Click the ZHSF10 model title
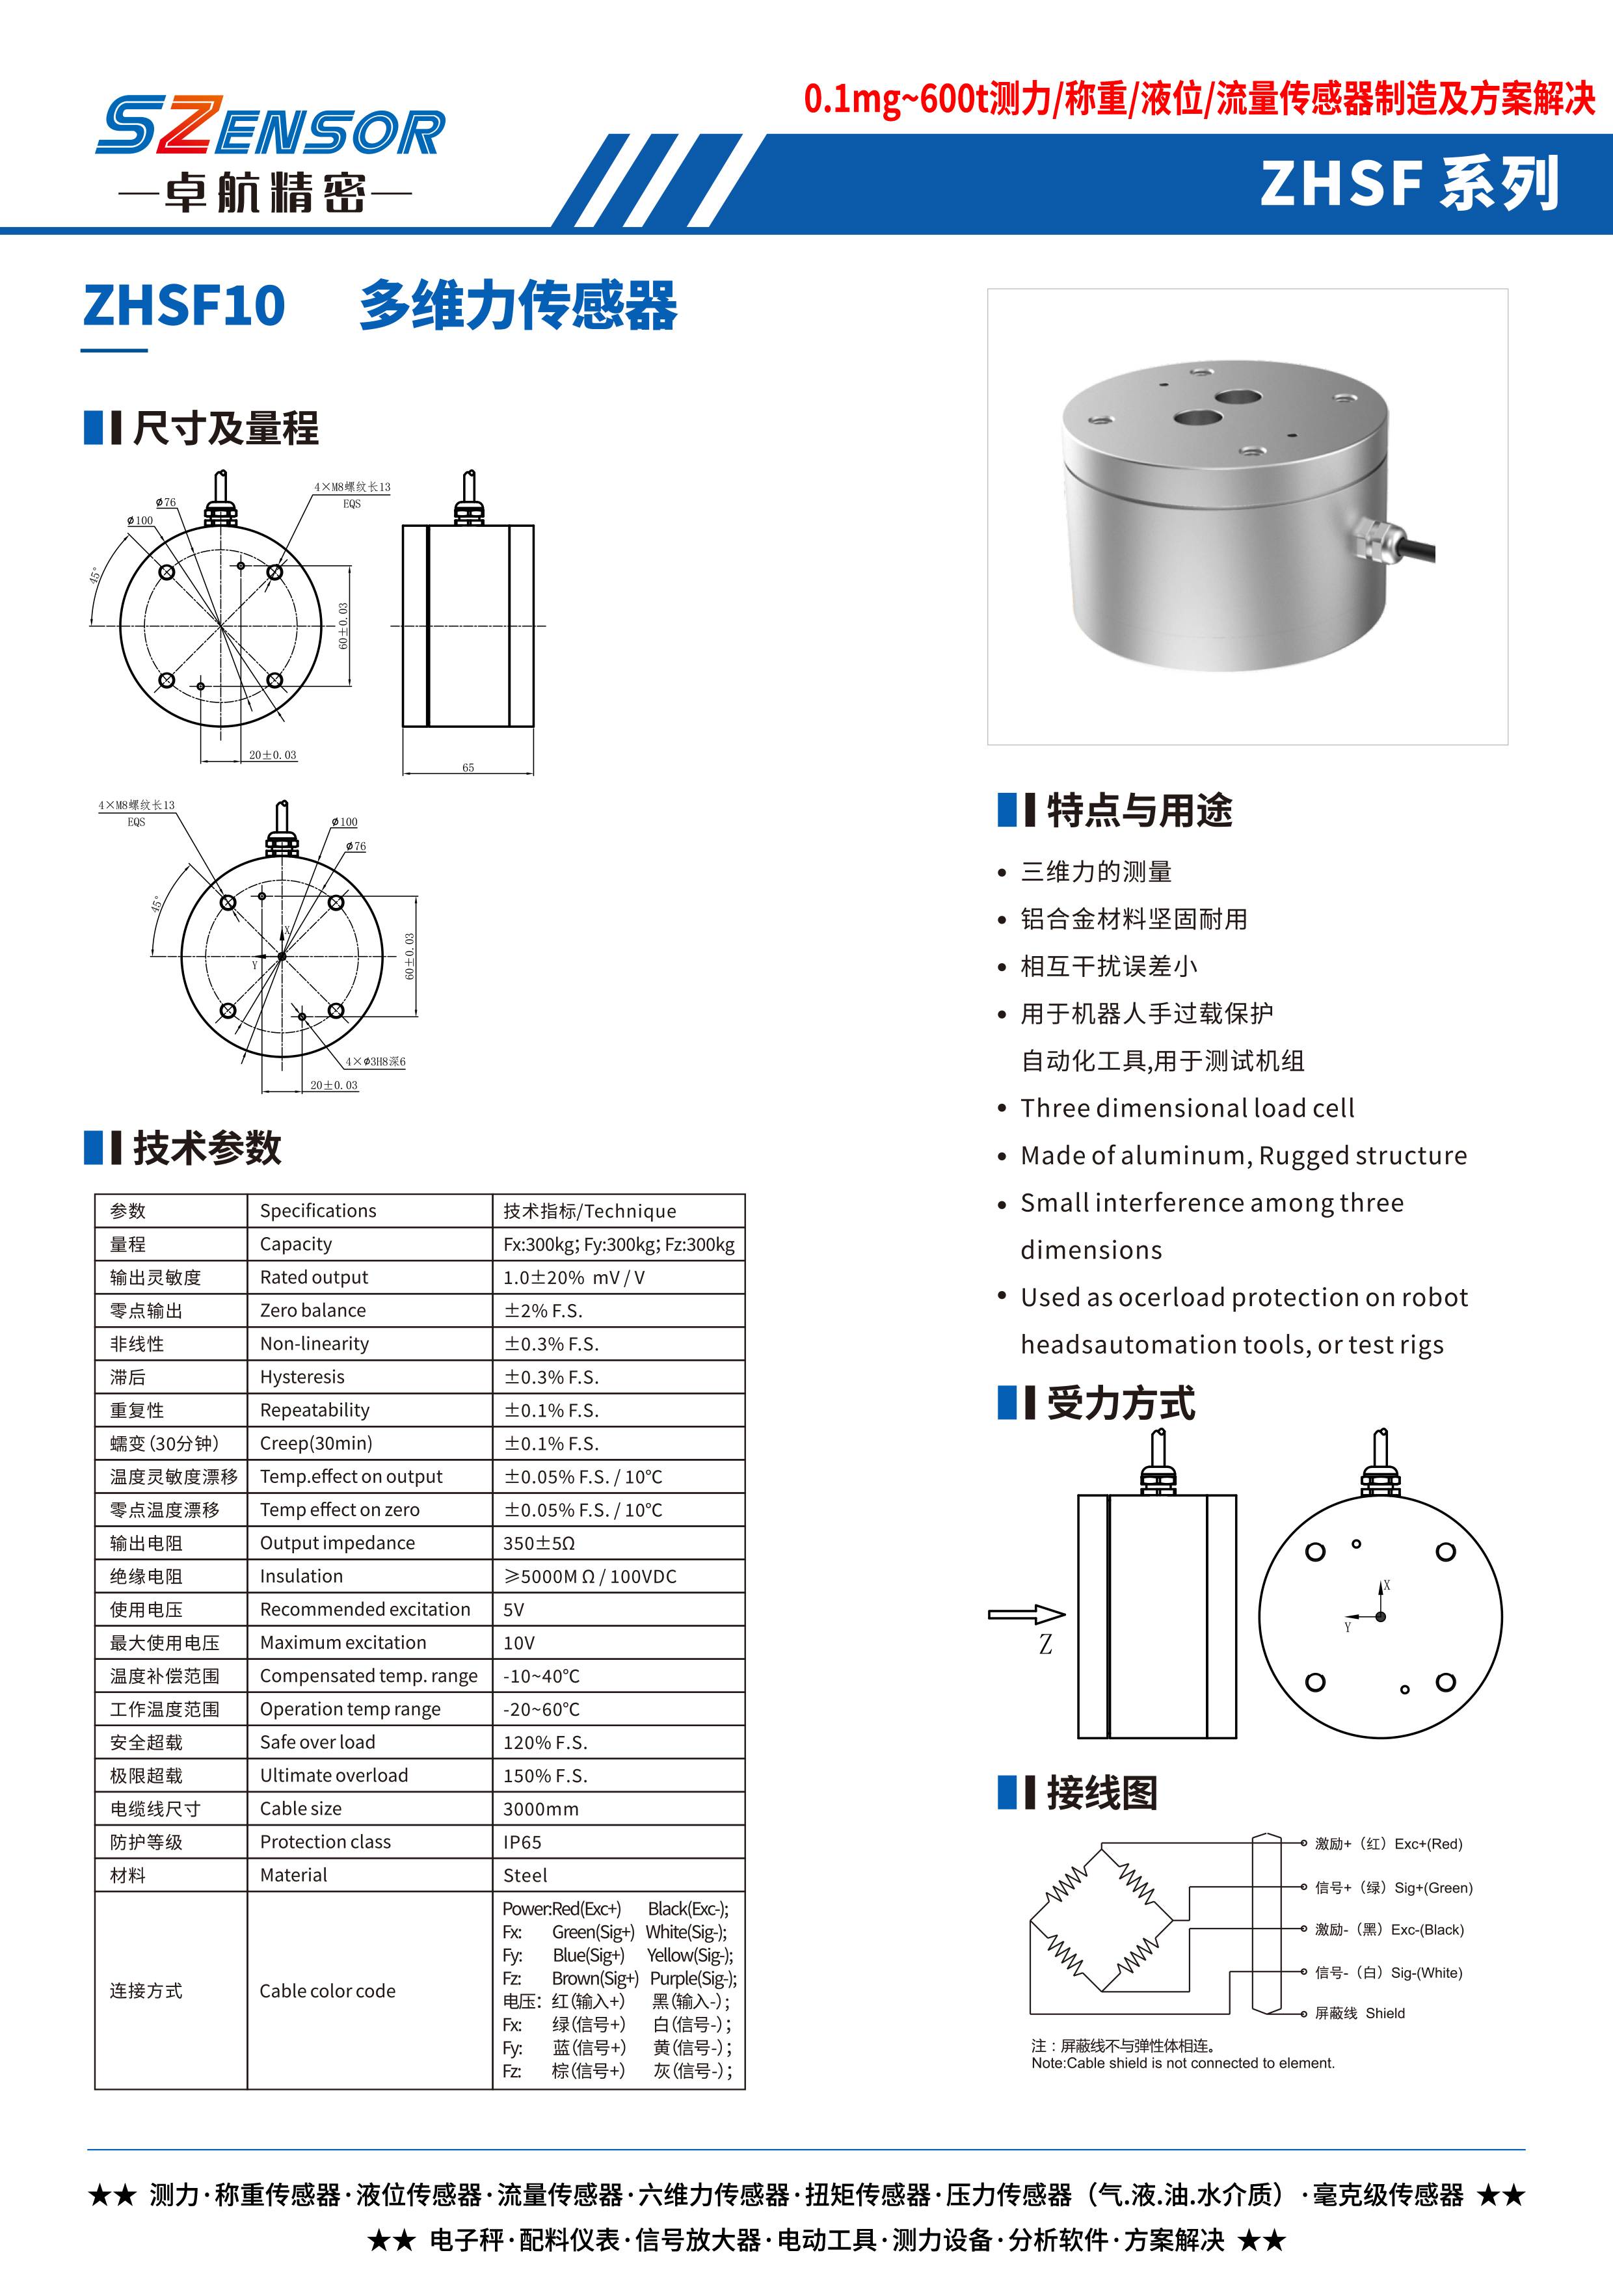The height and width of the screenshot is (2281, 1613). coord(184,305)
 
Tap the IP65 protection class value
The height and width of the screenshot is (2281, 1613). coord(522,1842)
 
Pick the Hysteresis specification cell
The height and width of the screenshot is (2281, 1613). coord(302,1377)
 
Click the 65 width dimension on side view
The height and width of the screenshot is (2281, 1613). coord(468,767)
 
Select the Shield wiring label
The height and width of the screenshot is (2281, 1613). coord(1360,2013)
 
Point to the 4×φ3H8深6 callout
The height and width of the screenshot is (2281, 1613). coord(375,1062)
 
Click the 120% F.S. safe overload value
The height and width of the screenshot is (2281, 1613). coord(545,1742)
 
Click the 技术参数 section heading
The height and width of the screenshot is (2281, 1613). coord(207,1149)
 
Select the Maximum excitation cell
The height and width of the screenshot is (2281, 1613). coord(343,1642)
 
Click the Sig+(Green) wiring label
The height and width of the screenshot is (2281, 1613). coord(1394,1887)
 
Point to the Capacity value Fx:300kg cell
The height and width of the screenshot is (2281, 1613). coord(618,1244)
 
